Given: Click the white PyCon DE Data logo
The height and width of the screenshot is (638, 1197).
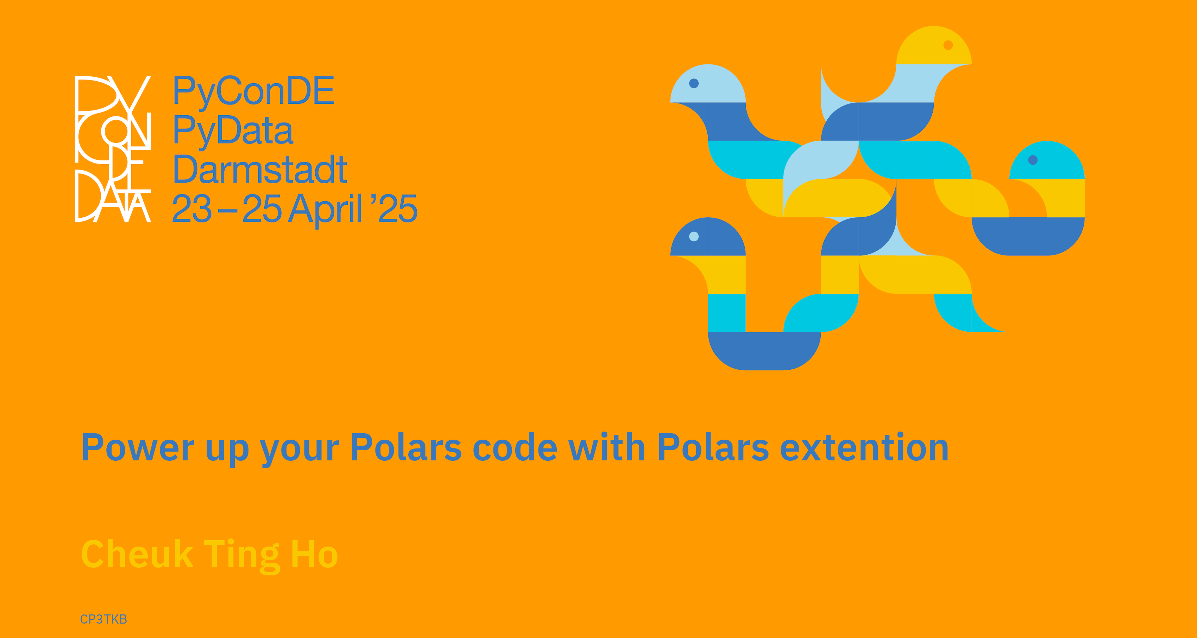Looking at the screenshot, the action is pos(113,148).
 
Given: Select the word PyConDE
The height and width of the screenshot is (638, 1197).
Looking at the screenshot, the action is pos(253,91).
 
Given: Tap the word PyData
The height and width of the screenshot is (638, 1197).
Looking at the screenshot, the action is pos(233,131).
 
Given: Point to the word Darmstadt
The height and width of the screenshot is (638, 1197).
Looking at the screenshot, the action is pos(260,170).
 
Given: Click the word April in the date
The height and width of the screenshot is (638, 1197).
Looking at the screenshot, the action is pos(325,210).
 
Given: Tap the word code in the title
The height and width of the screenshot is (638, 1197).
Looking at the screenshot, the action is pos(515,447).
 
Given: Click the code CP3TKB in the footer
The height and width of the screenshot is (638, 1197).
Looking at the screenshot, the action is pos(103,619).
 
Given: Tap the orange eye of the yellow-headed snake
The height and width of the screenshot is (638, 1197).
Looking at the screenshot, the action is pos(948,45).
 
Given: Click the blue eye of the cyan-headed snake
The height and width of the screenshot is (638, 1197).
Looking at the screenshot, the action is pos(1033,160).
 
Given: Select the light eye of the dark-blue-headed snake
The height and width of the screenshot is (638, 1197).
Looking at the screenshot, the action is pos(694,236).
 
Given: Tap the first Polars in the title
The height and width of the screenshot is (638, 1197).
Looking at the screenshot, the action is pos(406,447).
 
